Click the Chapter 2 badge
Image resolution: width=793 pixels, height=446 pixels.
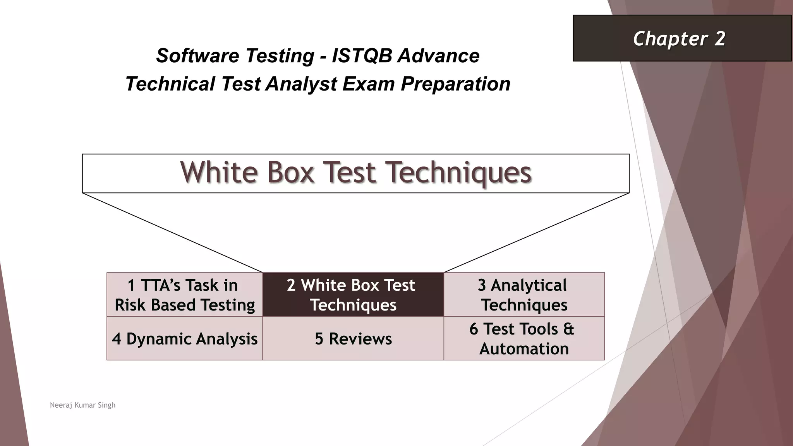[x=681, y=38]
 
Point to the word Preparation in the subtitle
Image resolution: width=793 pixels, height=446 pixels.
[x=455, y=84]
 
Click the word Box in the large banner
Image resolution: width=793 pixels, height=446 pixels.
[x=290, y=172]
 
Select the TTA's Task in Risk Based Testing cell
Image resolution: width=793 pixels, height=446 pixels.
[x=185, y=295]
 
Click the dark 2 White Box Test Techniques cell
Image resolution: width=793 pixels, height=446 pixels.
[x=353, y=295]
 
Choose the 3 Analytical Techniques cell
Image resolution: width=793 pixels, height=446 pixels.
[x=524, y=295]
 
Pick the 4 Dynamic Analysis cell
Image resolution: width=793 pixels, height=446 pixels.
[x=185, y=339]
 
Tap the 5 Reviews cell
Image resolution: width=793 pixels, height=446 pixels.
[x=353, y=339]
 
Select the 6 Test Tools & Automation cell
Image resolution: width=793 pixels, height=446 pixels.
[x=524, y=339]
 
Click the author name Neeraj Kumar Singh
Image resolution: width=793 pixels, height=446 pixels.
[x=82, y=405]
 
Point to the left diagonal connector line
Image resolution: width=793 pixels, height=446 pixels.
[x=172, y=232]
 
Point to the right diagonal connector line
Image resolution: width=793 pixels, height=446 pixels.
[x=536, y=232]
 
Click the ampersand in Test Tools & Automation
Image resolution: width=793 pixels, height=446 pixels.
[x=568, y=329]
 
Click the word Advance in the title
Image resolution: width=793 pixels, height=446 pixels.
[x=439, y=56]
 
